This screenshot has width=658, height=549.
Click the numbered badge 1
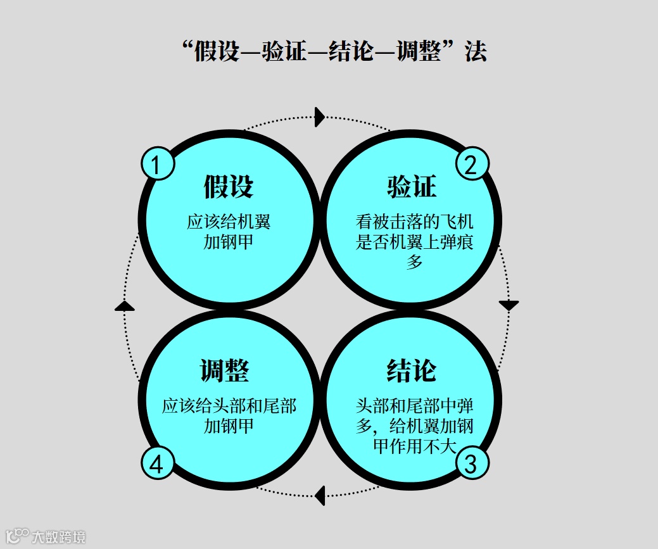[x=158, y=164]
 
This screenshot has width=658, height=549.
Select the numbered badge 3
[x=472, y=464]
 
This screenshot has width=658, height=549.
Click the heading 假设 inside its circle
[x=229, y=187]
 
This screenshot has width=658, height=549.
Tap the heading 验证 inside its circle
[x=412, y=187]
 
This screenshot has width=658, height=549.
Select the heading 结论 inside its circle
[x=412, y=370]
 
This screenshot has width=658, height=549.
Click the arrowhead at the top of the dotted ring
[x=320, y=117]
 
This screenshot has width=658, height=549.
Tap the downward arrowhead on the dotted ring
[x=509, y=305]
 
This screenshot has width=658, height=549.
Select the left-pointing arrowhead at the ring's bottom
[x=320, y=495]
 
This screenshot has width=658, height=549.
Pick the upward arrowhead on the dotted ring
[x=125, y=306]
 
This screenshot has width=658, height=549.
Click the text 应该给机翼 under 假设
[x=229, y=223]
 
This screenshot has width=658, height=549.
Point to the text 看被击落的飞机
[x=414, y=223]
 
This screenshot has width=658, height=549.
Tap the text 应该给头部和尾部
[x=229, y=406]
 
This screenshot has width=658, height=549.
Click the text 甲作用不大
[x=414, y=445]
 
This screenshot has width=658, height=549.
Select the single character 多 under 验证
[x=414, y=262]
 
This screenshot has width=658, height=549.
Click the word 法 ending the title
[x=475, y=52]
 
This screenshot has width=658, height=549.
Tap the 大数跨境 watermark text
[x=58, y=537]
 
